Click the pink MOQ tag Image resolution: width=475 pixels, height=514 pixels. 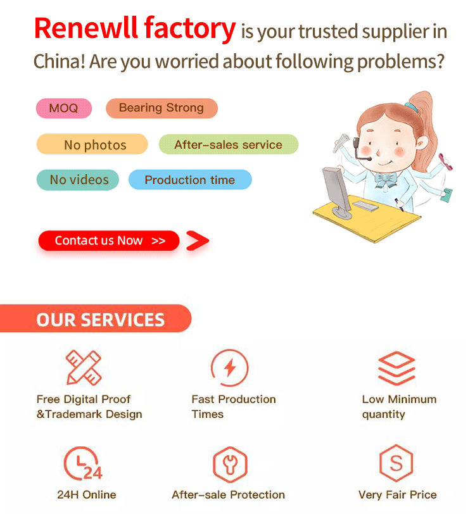click(63, 108)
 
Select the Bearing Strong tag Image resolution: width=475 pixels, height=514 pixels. click(161, 108)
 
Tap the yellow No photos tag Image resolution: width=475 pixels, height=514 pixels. click(92, 144)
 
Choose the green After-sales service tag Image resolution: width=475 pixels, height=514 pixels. click(228, 144)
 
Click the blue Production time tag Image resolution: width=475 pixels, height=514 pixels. click(189, 180)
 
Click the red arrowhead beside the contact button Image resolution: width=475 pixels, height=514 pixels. click(198, 241)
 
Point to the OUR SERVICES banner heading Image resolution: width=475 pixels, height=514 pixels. click(100, 319)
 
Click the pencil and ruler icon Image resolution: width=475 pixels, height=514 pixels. click(84, 367)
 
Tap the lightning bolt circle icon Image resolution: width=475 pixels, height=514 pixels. click(230, 367)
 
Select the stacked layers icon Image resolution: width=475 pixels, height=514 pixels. click(396, 367)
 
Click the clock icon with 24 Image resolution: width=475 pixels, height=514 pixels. click(82, 465)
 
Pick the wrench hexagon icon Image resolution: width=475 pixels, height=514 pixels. click(229, 465)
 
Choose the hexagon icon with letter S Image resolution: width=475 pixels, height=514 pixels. click(396, 465)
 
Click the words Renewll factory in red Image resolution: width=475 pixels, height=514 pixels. click(134, 28)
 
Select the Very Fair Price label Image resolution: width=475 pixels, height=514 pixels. click(397, 495)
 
